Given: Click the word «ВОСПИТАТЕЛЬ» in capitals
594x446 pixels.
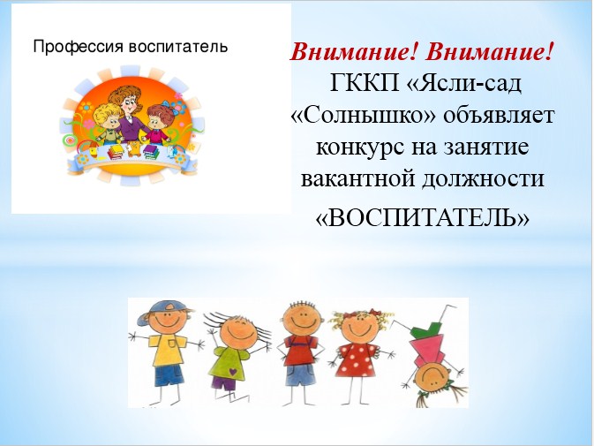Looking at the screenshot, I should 423,218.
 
